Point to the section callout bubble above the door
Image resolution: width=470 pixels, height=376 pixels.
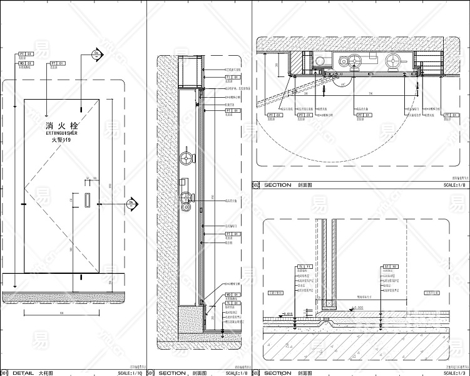(x=96, y=55)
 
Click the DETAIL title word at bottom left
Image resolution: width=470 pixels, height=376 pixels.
(x=24, y=373)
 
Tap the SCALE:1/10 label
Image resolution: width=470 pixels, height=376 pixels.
(x=130, y=373)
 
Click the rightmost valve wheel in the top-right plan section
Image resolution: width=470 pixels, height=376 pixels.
(x=394, y=61)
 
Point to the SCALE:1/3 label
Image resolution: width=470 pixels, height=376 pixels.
(x=455, y=373)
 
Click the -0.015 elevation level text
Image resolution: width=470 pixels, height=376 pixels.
(x=288, y=313)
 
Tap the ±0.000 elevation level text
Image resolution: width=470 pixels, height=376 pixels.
(x=358, y=308)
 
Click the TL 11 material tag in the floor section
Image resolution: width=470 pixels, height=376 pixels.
(x=304, y=266)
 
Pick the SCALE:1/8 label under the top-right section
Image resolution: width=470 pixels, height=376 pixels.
(x=455, y=185)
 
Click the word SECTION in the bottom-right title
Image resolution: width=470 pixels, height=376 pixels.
(x=278, y=373)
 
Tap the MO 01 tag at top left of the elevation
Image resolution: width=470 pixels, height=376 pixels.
(x=26, y=63)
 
